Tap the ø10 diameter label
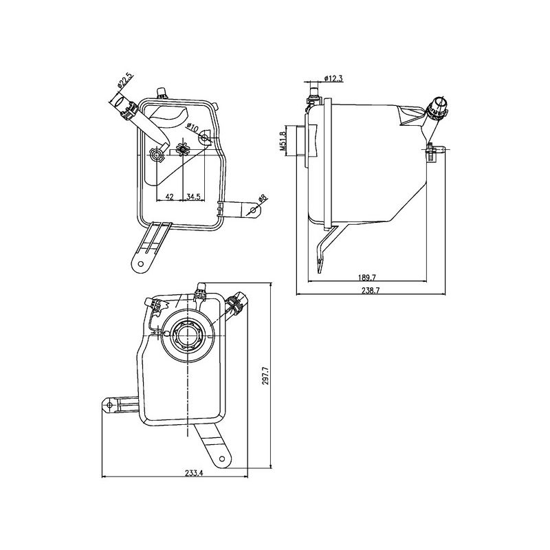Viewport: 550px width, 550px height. (193, 128)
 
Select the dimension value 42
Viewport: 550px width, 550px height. (168, 197)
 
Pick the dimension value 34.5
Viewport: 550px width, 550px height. (193, 197)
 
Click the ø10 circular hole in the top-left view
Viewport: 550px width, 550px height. (204, 140)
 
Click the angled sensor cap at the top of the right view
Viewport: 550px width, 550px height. (437, 108)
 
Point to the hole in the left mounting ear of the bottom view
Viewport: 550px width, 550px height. (110, 406)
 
